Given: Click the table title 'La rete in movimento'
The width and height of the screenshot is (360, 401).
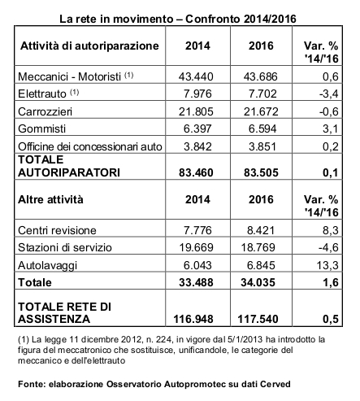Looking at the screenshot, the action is [116, 19].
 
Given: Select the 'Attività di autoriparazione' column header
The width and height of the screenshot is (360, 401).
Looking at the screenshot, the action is [89, 46].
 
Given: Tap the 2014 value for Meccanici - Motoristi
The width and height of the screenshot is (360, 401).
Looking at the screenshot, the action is [196, 76].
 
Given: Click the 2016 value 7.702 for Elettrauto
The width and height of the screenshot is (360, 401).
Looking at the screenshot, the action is [262, 94].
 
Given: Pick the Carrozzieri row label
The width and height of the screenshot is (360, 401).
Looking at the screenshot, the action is [46, 111].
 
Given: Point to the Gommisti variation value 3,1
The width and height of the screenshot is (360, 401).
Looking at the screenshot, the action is [331, 129].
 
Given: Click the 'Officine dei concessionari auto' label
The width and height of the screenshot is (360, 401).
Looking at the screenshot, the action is [90, 146].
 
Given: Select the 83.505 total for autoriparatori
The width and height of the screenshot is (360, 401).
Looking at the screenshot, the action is [261, 172].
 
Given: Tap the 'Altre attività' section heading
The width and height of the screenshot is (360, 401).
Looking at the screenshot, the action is [50, 199].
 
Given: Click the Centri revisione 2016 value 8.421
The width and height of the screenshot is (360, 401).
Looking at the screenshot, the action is [261, 230].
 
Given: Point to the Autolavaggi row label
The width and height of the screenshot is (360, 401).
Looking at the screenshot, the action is [47, 265].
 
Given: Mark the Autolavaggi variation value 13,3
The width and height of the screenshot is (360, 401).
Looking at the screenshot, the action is [327, 265].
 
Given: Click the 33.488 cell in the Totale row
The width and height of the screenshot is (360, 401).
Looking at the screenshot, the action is [196, 282].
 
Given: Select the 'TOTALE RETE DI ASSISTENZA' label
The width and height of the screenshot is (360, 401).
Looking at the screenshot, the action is [64, 312].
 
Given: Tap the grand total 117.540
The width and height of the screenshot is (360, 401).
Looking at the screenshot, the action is [258, 319].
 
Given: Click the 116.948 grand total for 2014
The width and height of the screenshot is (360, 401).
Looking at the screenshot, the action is [193, 319].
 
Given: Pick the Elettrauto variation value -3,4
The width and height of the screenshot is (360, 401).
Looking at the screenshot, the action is [328, 94].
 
